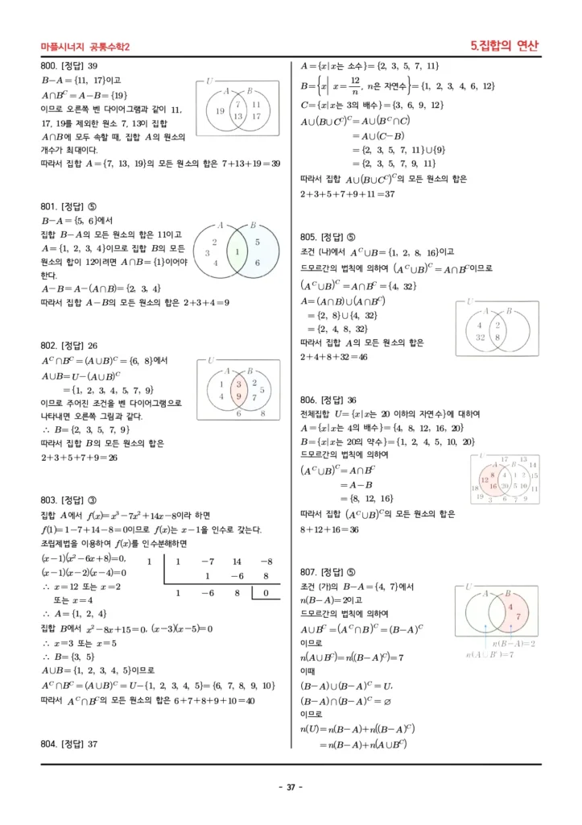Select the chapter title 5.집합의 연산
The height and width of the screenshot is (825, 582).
tap(505, 46)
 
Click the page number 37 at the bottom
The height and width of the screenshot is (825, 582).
tap(291, 787)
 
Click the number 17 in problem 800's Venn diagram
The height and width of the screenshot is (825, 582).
tap(256, 116)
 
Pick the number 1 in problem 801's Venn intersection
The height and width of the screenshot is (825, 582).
tap(237, 252)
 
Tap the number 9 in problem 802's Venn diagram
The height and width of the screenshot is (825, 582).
tap(239, 396)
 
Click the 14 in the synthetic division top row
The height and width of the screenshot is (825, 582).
tap(237, 561)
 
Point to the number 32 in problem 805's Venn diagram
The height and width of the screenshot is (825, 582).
tap(481, 338)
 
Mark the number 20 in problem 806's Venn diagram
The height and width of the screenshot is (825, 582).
tap(506, 487)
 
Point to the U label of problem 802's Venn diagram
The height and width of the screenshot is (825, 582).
tap(211, 360)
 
